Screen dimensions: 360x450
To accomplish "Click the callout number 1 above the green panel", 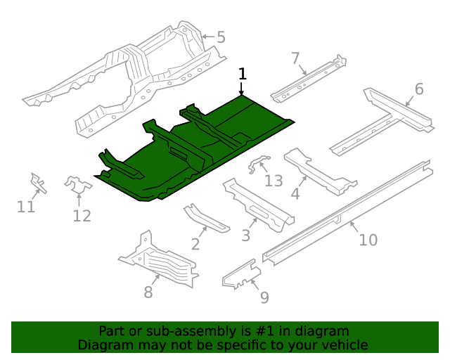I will pos(243,74).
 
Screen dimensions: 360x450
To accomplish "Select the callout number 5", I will pos(221,37).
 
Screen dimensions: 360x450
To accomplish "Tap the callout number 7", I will pos(295,58).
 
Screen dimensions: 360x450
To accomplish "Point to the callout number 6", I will pos(419,89).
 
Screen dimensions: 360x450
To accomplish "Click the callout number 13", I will pos(274,181).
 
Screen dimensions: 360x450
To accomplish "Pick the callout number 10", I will pos(368,240).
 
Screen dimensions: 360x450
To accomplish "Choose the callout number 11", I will pos(26,206).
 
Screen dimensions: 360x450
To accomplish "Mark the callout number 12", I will pos(82,216).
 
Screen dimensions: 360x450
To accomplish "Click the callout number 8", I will pos(148,292).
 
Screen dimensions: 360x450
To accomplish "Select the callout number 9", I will pos(264,297).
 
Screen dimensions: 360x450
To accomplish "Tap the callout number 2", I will pos(195,244).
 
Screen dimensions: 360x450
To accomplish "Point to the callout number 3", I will pos(245,235).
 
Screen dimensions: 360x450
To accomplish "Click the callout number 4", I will pos(296,193).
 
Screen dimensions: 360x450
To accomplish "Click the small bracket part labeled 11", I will pos(38,183).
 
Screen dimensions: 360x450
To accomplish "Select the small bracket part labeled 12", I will pos(78,186).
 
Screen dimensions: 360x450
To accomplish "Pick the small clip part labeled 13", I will pos(257,164).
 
